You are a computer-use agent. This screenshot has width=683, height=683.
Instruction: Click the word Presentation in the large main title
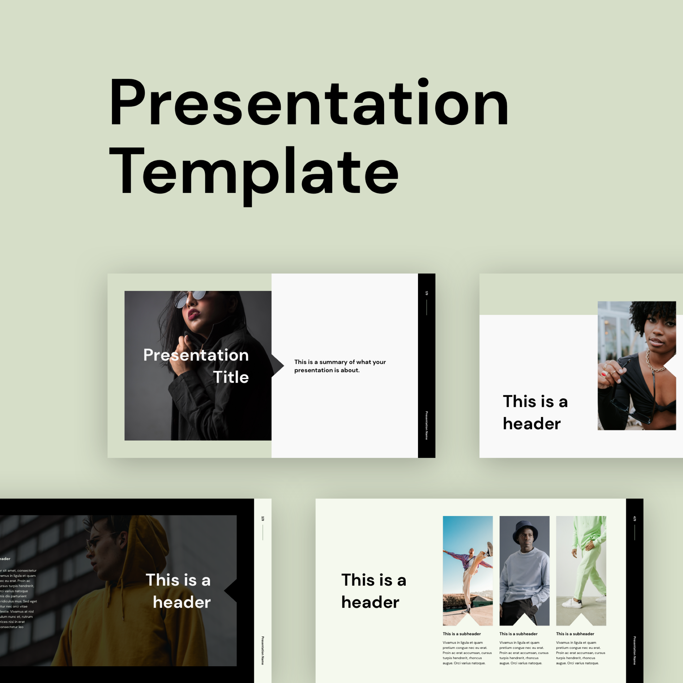pyautogui.click(x=308, y=102)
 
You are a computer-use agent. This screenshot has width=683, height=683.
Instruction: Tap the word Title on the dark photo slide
pyautogui.click(x=231, y=377)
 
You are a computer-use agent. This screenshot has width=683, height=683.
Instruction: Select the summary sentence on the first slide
pyautogui.click(x=339, y=366)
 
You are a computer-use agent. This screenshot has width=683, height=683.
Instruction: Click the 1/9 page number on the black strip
pyautogui.click(x=427, y=293)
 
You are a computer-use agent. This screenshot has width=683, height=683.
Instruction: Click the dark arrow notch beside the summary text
pyautogui.click(x=278, y=366)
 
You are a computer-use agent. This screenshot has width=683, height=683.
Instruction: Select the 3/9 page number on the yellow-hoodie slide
pyautogui.click(x=263, y=519)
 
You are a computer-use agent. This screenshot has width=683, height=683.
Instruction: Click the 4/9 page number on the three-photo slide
pyautogui.click(x=635, y=519)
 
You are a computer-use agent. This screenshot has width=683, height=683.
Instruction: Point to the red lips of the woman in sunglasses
pyautogui.click(x=194, y=314)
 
